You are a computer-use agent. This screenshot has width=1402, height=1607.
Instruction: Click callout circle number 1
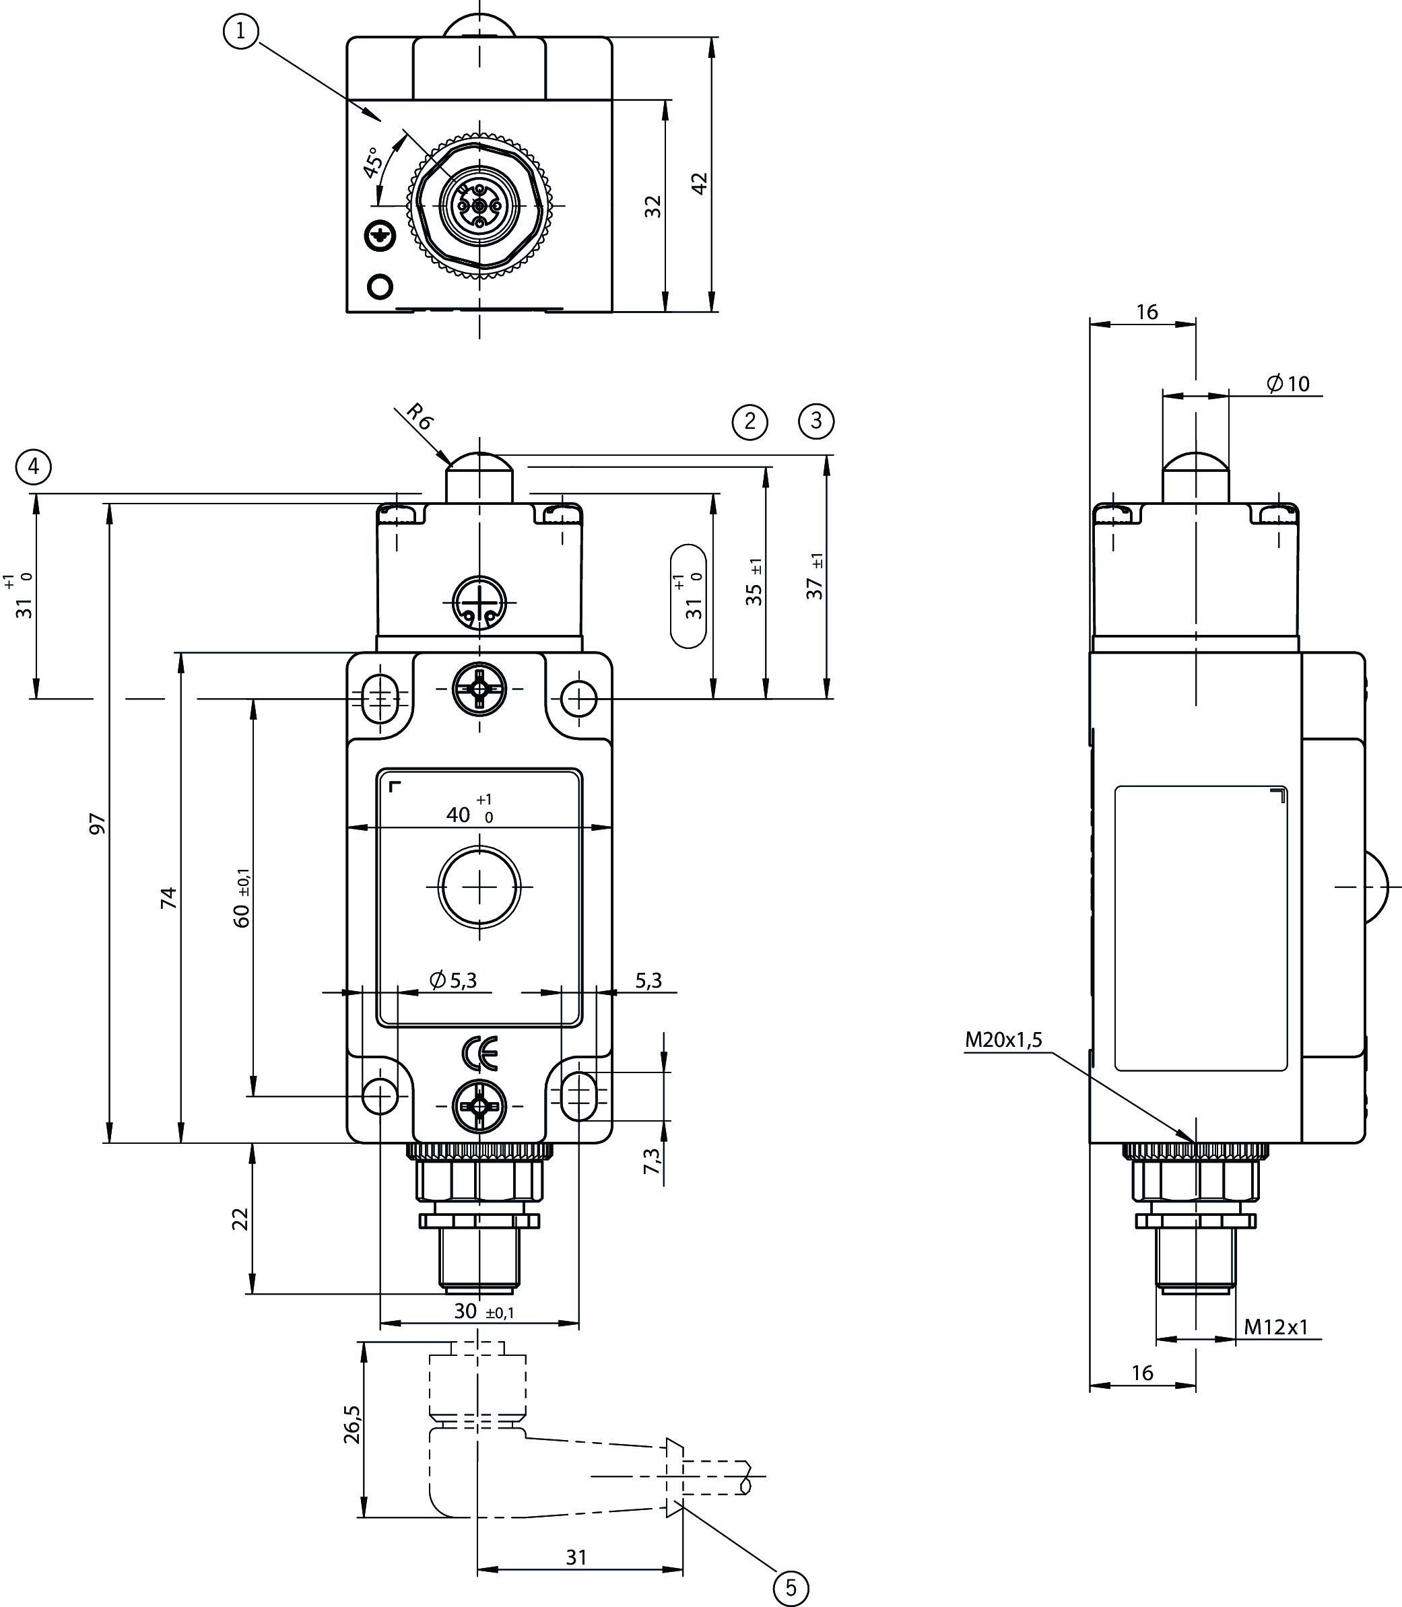tap(240, 31)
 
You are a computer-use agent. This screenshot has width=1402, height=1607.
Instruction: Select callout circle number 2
tap(749, 421)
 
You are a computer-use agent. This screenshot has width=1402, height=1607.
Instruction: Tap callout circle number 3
tap(816, 421)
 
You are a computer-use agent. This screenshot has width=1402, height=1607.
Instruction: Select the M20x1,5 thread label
tap(1003, 1039)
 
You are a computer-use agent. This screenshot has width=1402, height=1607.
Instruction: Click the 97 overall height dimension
tap(97, 823)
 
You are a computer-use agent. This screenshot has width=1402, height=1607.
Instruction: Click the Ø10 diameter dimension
tap(1288, 383)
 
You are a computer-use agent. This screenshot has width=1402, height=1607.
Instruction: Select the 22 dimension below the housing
tap(240, 1219)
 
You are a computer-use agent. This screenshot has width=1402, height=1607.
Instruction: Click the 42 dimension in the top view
tap(700, 183)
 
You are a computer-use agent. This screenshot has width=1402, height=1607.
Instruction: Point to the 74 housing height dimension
tap(169, 897)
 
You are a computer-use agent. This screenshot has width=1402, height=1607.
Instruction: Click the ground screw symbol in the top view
tap(380, 236)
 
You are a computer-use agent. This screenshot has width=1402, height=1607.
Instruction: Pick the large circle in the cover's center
tap(479, 886)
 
